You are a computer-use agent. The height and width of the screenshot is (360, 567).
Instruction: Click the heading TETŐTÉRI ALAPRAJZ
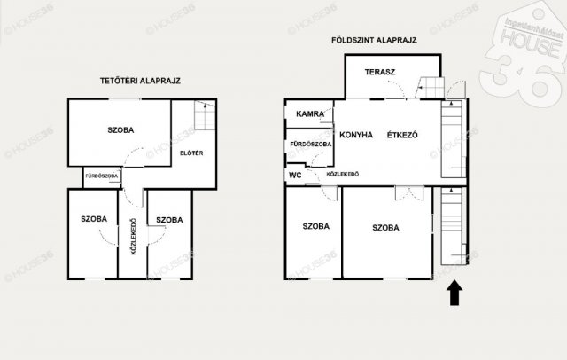click(140, 81)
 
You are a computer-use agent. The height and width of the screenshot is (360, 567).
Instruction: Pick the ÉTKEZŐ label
click(401, 136)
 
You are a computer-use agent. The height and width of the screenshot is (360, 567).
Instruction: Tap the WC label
click(294, 175)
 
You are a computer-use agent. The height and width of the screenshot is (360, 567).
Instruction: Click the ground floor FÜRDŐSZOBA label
click(310, 144)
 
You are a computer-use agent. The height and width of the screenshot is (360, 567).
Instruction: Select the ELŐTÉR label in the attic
click(192, 153)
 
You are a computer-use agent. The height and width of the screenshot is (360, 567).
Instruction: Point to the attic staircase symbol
click(204, 116)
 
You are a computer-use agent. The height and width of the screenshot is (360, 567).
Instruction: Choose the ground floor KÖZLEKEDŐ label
click(342, 175)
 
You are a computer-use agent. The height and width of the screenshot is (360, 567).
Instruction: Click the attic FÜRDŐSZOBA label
click(102, 176)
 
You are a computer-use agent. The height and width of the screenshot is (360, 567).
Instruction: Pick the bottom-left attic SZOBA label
click(93, 219)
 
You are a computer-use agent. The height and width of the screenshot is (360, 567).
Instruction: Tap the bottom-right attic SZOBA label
click(168, 219)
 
